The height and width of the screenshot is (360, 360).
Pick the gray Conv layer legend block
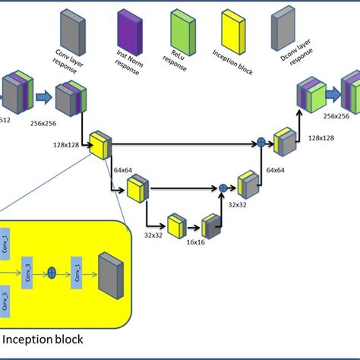(x=71, y=28)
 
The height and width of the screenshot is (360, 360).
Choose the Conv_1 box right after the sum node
(x=76, y=270)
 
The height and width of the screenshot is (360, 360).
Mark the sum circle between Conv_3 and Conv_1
(x=53, y=270)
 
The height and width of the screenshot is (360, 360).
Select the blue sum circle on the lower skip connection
(x=223, y=187)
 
